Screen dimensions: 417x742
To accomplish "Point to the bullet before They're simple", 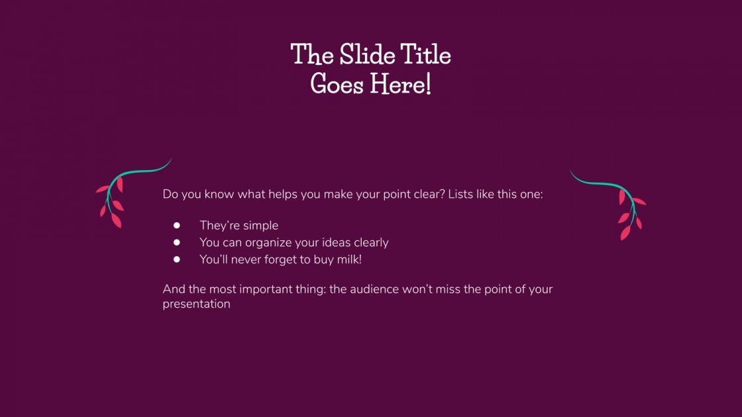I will (x=177, y=226).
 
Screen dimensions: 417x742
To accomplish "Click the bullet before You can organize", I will (x=177, y=243).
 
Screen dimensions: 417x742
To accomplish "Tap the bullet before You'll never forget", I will (x=177, y=259).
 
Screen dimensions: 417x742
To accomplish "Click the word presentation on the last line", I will (x=196, y=304).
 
